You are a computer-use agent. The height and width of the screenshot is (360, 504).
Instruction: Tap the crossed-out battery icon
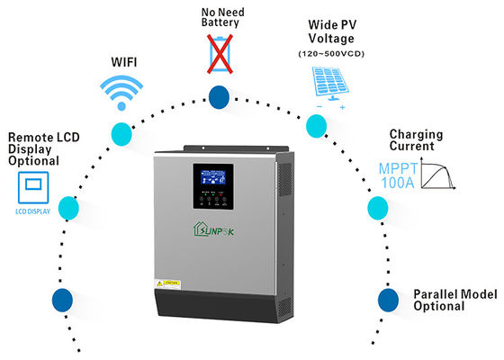[x=219, y=52]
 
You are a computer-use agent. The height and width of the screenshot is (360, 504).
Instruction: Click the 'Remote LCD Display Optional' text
[x=34, y=148]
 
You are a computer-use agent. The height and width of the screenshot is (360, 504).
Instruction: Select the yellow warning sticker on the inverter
[x=173, y=283]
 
